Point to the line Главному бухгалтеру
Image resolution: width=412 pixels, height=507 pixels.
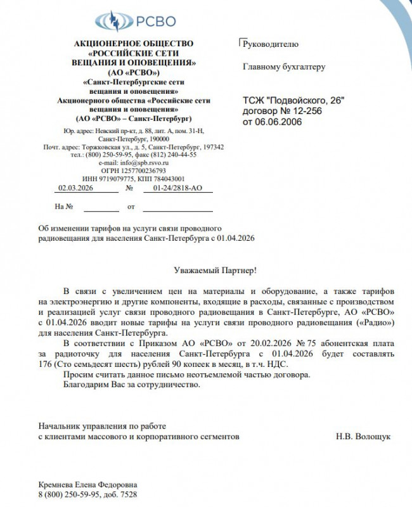[284, 66]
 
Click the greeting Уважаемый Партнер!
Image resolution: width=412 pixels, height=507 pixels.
[216, 271]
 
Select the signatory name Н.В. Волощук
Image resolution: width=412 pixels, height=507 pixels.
[363, 437]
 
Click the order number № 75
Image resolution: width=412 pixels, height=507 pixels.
[298, 343]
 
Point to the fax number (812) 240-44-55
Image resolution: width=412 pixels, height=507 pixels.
[172, 155]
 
